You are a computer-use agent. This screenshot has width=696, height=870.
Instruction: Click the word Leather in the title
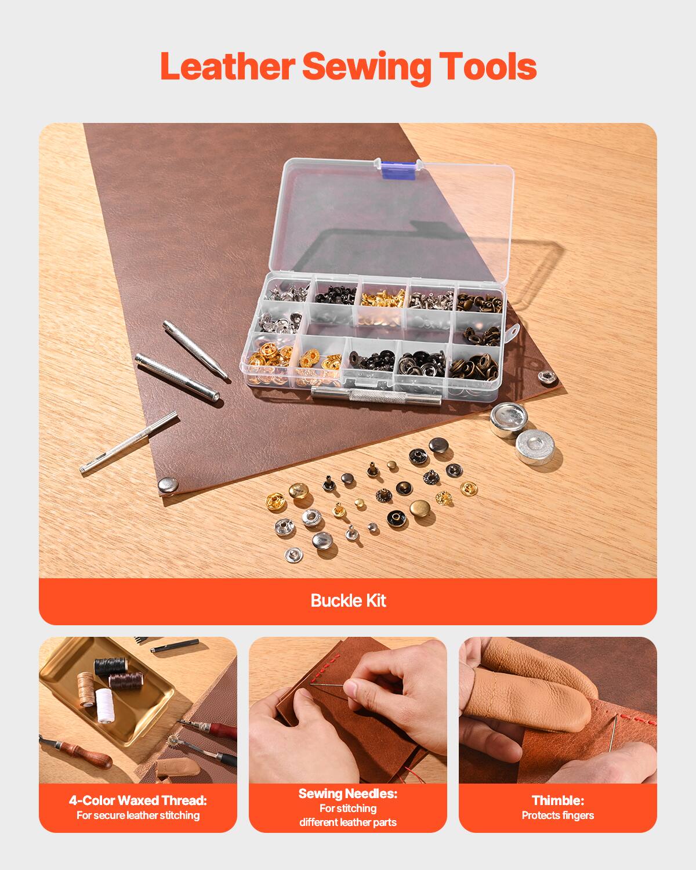[227, 67]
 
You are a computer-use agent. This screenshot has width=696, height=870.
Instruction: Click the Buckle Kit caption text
[348, 600]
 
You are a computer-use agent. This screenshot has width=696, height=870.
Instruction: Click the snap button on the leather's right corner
[548, 377]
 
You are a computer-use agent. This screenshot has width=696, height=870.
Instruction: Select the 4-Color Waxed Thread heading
[138, 800]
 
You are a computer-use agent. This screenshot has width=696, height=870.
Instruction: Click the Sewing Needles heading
[348, 793]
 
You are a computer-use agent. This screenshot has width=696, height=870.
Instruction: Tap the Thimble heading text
[557, 800]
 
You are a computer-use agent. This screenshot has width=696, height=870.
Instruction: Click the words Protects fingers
[557, 815]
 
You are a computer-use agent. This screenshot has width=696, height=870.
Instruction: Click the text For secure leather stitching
[138, 815]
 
